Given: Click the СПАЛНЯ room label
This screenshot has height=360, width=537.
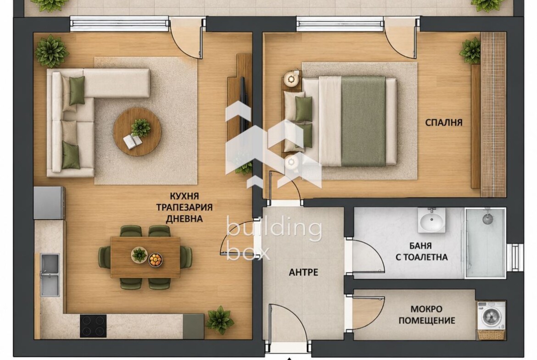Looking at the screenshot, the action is tap(443, 122).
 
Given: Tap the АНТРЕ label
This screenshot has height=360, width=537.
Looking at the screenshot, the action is tap(303, 272).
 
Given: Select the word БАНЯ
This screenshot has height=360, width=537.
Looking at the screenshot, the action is tap(420, 246).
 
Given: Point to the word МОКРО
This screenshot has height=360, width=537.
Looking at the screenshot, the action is tap(426, 310).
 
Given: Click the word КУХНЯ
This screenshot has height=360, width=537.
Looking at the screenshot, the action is tap(184, 196).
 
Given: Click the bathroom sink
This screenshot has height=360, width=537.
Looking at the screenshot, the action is tap(431, 220).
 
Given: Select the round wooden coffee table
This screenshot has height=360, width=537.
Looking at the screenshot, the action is tap(137, 132).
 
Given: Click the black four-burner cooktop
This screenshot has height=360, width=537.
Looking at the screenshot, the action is tap(93, 326).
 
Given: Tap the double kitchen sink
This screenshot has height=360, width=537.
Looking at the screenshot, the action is tap(50, 274).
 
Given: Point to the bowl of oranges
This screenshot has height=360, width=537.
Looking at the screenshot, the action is tap(156, 260).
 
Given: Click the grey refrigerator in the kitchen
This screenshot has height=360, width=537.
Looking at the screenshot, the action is tap(49, 203).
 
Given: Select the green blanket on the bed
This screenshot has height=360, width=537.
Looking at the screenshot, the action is tap(364, 121).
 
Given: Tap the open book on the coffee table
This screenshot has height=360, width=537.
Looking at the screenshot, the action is tap(133, 141).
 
